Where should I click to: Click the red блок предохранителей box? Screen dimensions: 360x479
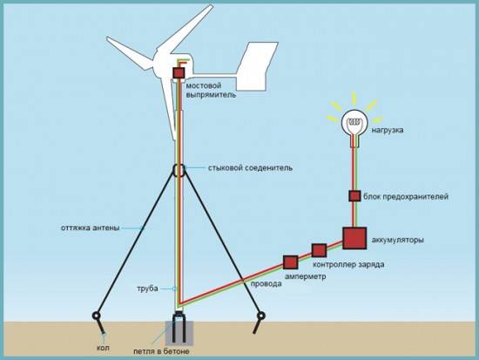(354, 196)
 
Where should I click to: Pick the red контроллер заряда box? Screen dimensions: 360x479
(319, 251)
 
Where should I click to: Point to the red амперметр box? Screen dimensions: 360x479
(290, 262)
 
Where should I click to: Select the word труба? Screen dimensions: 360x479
(148, 288)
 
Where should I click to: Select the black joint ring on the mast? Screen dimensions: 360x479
(179, 168)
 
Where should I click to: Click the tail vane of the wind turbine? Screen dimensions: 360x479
(258, 66)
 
